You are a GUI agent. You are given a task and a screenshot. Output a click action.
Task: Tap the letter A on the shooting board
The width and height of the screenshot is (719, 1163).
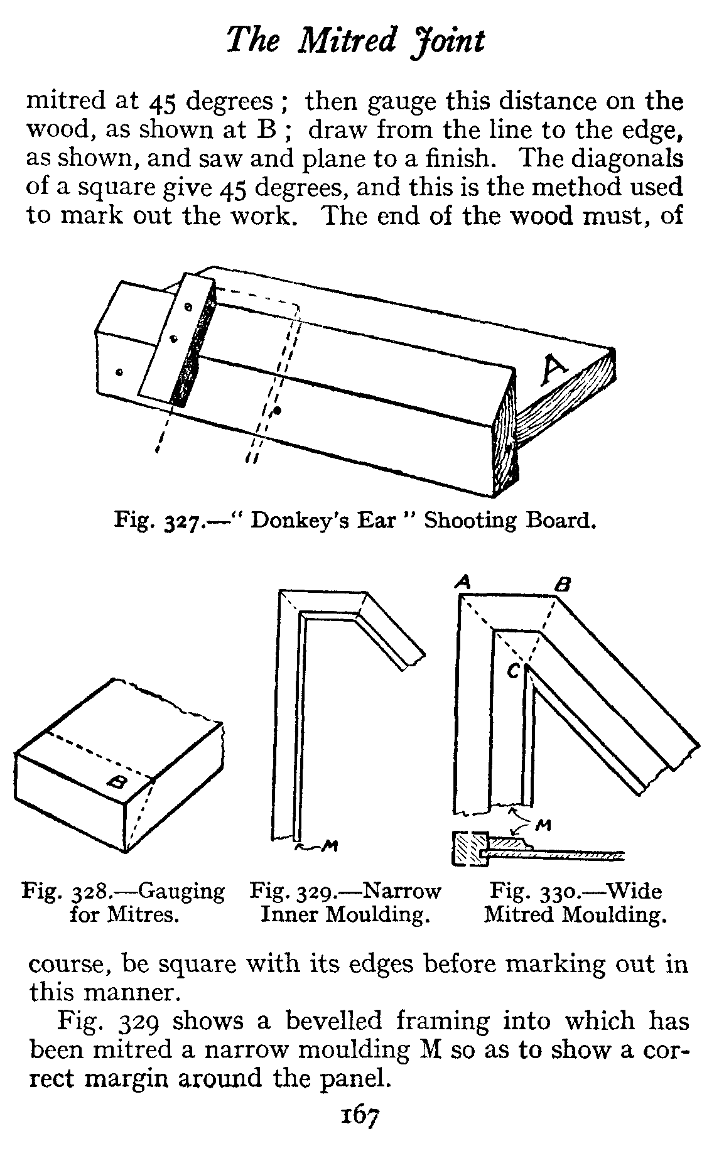coord(554,371)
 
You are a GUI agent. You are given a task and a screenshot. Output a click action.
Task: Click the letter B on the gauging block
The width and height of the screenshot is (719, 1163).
coord(116,782)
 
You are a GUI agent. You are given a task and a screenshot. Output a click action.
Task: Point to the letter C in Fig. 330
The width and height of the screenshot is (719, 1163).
coord(513,671)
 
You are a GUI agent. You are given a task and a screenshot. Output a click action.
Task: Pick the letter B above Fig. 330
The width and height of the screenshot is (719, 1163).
coord(563,585)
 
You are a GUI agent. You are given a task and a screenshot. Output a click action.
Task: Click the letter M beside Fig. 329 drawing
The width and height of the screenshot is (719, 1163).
coord(327,847)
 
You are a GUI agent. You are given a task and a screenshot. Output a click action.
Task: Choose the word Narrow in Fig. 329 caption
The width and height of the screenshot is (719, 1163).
coord(402,891)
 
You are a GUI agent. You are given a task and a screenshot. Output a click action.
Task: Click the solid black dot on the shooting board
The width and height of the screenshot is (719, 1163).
coord(277,411)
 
